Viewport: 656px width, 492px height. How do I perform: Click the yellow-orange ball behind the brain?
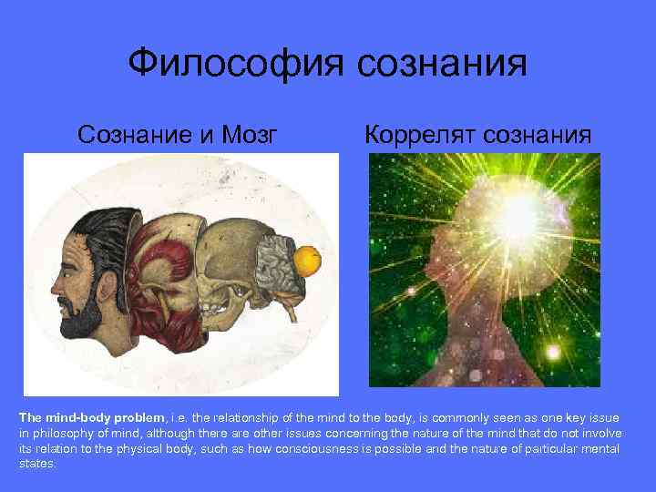coord(308,261)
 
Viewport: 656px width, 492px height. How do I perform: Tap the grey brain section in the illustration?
coord(273,264)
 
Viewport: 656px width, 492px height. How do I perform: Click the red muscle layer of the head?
coord(159,273)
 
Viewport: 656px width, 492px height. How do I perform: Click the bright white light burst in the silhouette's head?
coord(517,214)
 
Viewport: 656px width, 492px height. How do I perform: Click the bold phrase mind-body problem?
coord(94,416)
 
